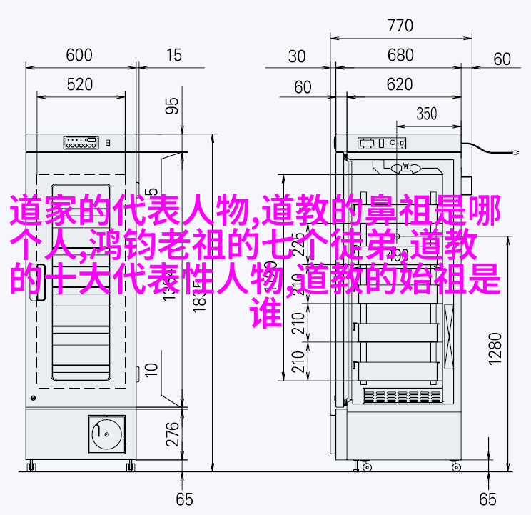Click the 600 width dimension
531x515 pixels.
79,55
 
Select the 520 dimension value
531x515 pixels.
79,84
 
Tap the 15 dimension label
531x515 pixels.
173,55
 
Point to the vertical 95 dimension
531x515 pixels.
172,106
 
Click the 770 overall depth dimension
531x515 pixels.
400,26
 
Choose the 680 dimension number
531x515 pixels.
400,56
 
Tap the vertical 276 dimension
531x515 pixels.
172,433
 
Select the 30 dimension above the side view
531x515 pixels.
298,56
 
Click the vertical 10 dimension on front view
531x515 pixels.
151,369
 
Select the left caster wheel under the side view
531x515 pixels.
367,466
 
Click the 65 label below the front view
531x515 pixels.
185,498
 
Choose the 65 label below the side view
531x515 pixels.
487,498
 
